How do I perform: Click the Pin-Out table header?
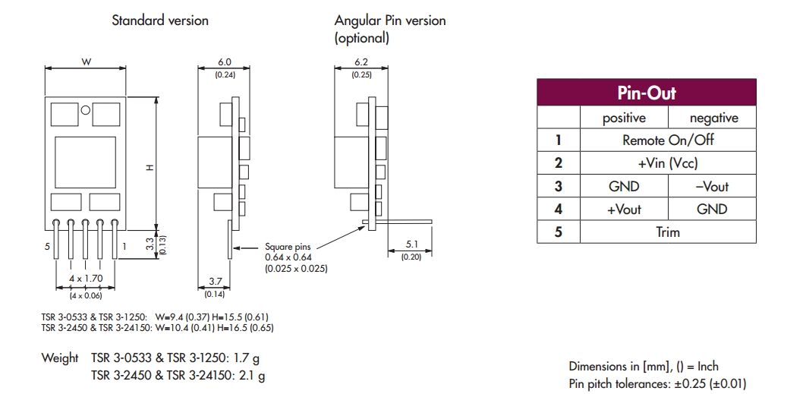pos(646,93)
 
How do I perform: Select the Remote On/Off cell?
pos(668,140)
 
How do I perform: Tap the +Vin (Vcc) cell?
pos(668,163)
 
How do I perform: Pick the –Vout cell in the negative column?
pos(712,187)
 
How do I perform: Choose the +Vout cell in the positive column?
pos(624,210)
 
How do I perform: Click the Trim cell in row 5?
pos(668,232)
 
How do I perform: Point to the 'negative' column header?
pos(713,118)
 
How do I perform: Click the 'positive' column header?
pos(624,118)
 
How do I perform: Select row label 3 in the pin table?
pos(559,187)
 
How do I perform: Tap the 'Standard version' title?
pos(160,20)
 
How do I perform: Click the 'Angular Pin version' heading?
pos(389,20)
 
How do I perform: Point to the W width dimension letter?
pos(86,62)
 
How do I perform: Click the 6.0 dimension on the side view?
pos(224,62)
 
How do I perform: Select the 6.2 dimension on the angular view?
pos(360,62)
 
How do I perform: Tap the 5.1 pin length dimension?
pos(411,244)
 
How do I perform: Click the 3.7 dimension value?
pos(216,282)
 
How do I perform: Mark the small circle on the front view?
pos(86,110)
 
